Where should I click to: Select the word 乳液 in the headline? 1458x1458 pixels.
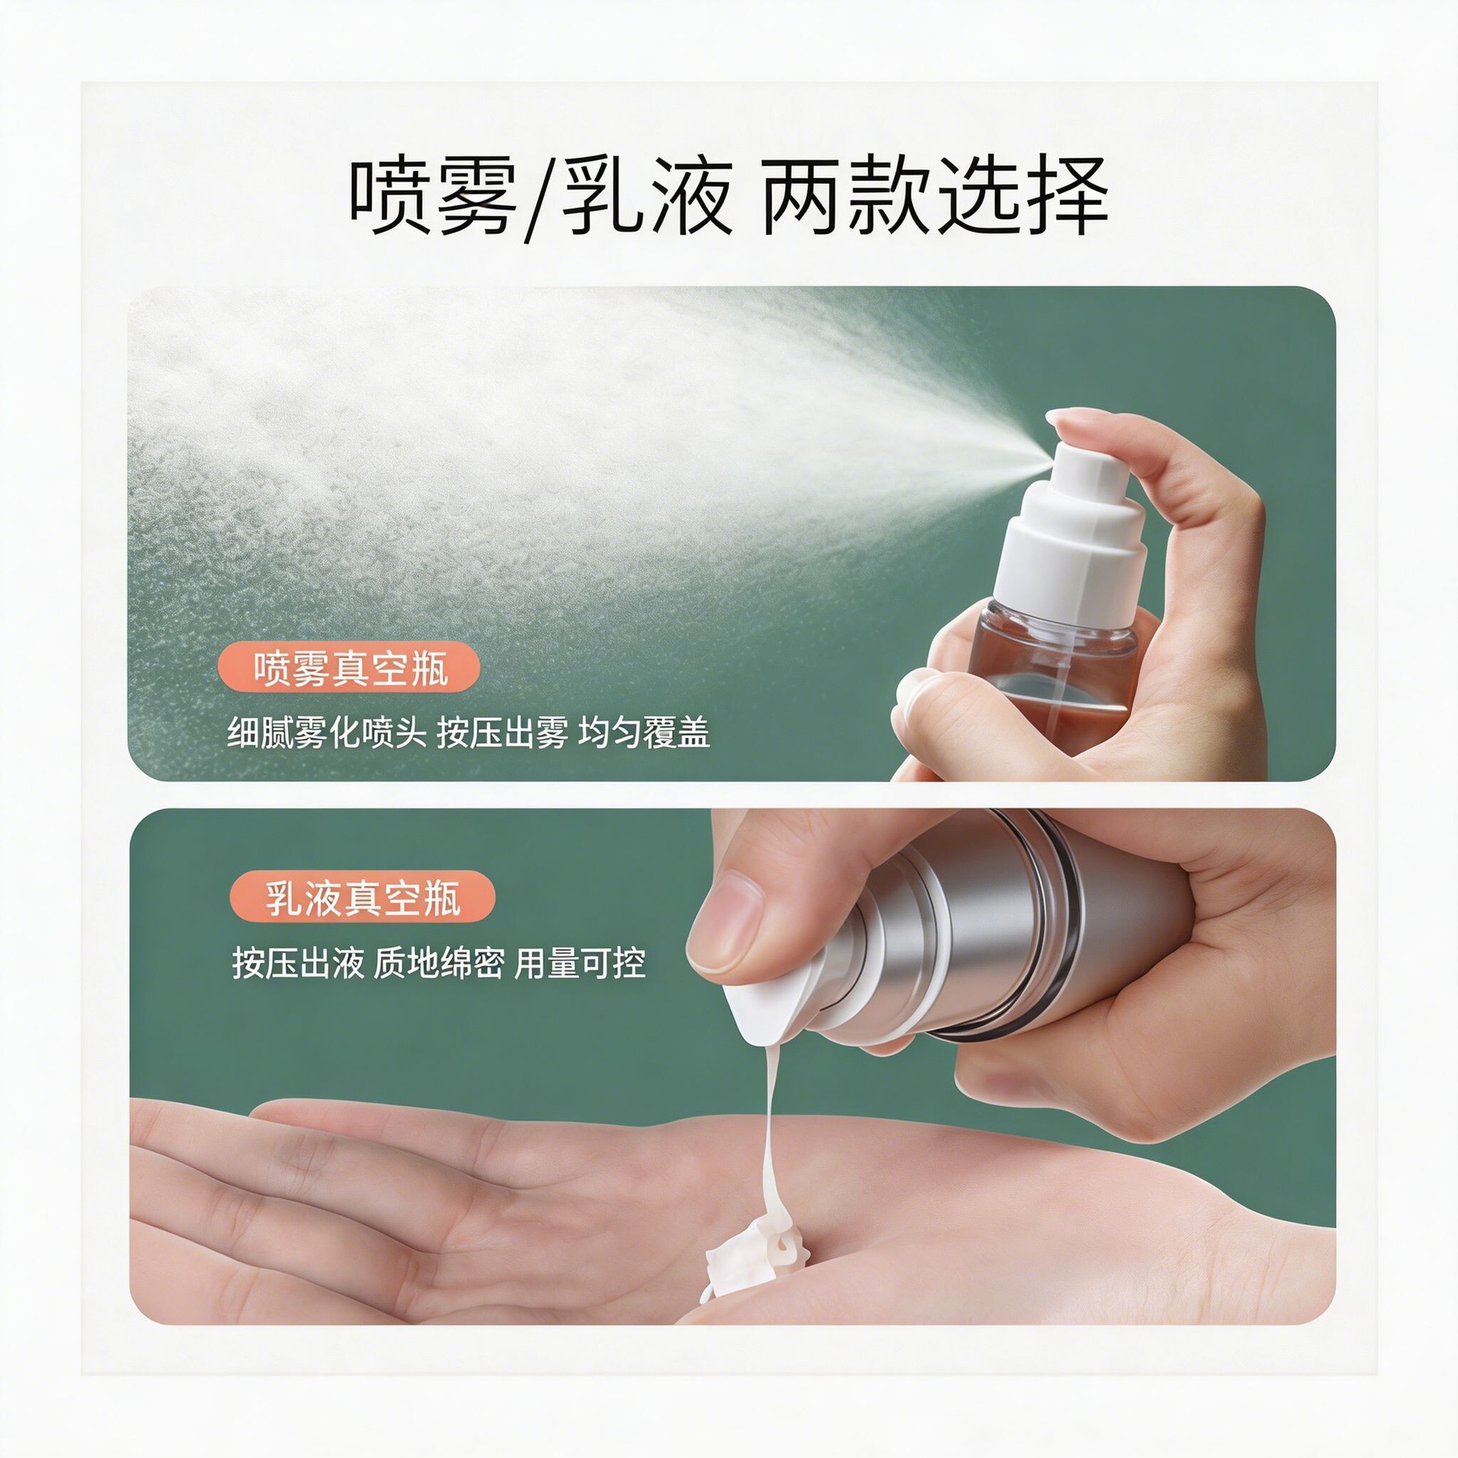647,197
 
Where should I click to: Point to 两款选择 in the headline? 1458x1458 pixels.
934,197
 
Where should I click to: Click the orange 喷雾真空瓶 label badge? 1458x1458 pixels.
349,668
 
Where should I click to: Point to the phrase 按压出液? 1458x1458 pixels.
298,964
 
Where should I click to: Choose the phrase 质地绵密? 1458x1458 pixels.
439,964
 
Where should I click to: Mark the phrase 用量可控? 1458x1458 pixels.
580,964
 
